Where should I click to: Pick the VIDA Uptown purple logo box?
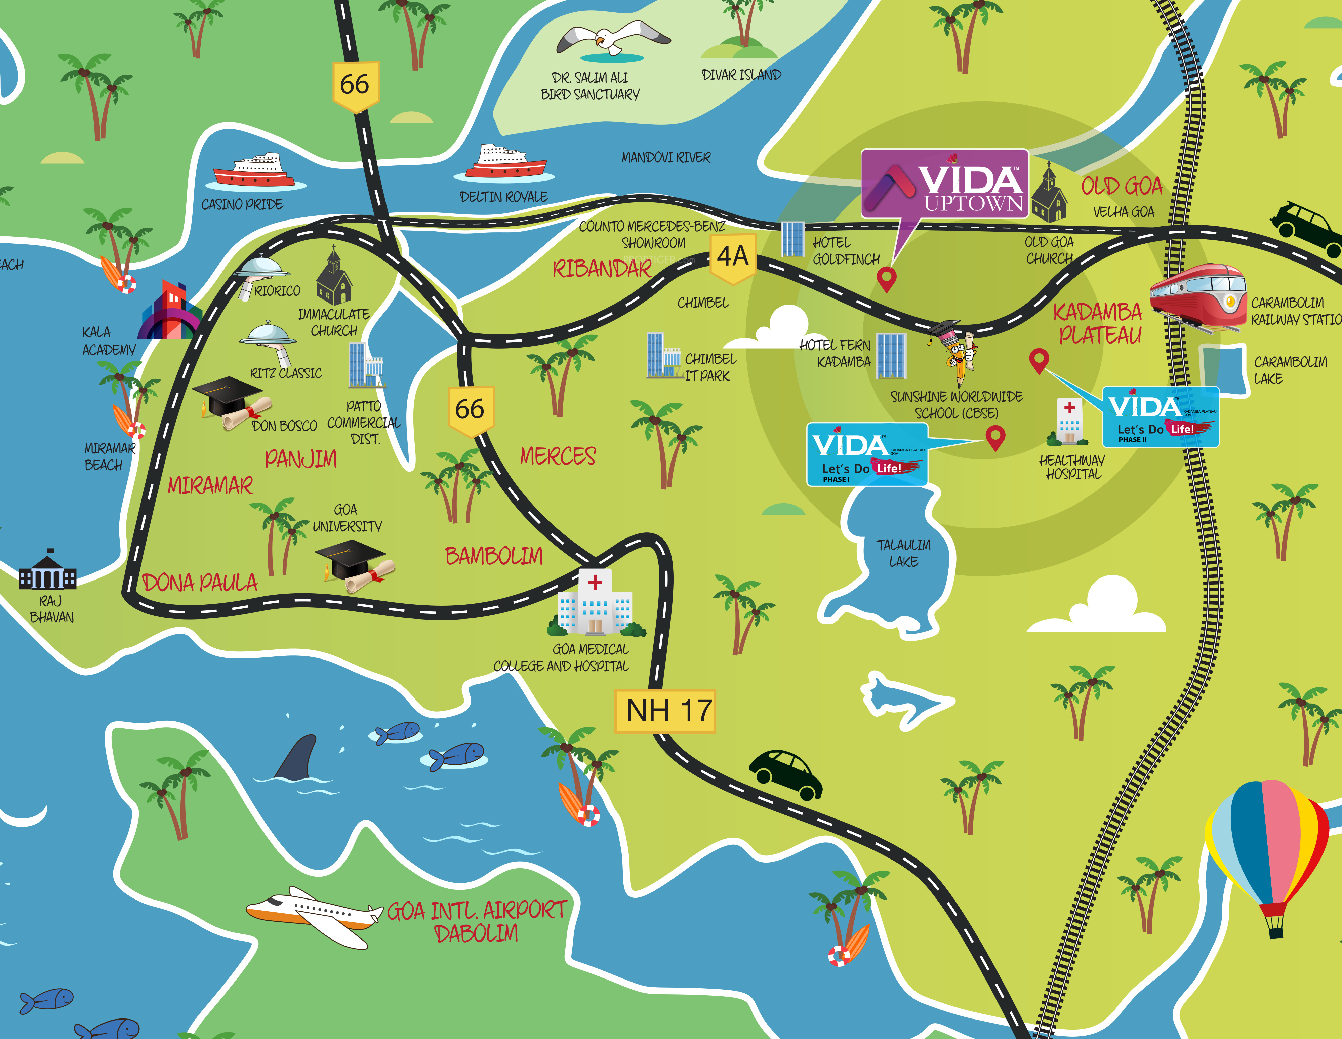[944, 183]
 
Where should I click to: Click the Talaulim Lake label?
[903, 553]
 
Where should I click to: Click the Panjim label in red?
[300, 458]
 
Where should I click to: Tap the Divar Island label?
[741, 75]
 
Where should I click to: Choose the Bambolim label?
[493, 556]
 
